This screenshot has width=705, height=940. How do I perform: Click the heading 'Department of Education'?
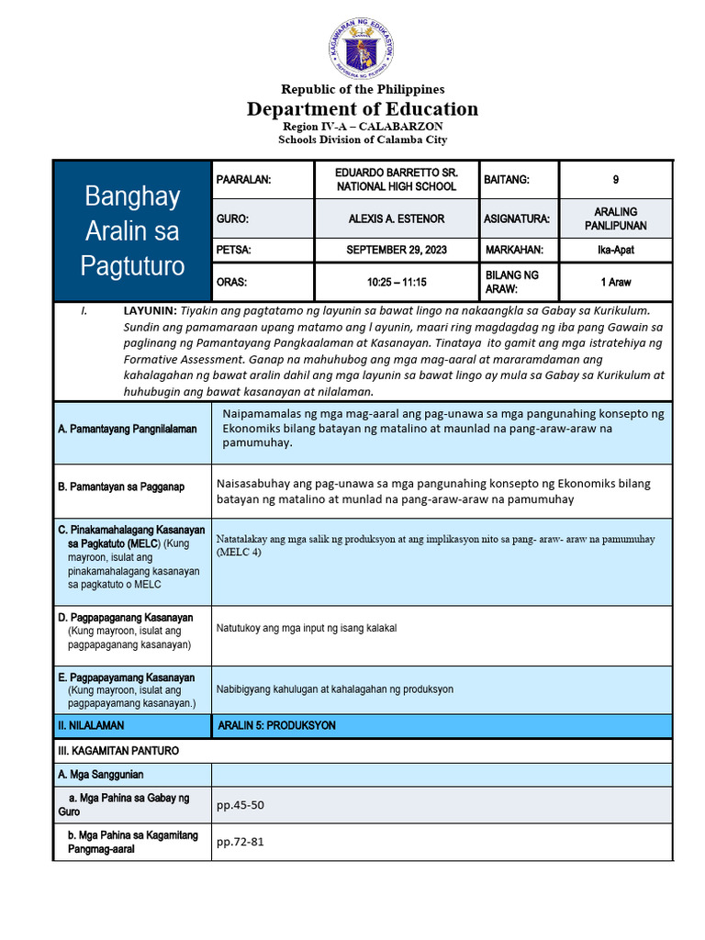click(x=362, y=109)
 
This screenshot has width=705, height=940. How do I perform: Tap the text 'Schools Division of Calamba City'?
click(x=362, y=140)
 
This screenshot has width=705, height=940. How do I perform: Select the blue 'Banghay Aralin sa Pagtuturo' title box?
click(x=131, y=230)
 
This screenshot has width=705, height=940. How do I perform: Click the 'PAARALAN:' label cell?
click(x=243, y=180)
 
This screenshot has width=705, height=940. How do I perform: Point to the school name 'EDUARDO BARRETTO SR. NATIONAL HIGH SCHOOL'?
click(x=397, y=180)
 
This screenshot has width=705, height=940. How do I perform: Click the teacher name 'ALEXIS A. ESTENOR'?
click(x=397, y=219)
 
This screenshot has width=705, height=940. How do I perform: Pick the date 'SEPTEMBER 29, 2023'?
click(x=397, y=250)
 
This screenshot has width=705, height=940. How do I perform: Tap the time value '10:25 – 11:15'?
click(x=397, y=282)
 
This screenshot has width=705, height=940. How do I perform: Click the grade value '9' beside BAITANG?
click(x=615, y=180)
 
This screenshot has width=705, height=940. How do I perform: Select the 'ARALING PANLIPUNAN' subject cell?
click(x=615, y=218)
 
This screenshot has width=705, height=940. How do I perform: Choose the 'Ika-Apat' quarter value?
click(x=615, y=250)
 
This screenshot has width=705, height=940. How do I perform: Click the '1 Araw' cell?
click(x=615, y=282)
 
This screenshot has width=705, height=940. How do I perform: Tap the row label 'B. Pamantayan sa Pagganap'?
click(x=121, y=487)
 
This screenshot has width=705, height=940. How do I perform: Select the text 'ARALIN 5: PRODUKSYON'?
click(x=276, y=725)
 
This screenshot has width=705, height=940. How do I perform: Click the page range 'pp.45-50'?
click(x=240, y=805)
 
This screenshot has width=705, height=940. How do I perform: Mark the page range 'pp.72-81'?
click(x=240, y=842)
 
